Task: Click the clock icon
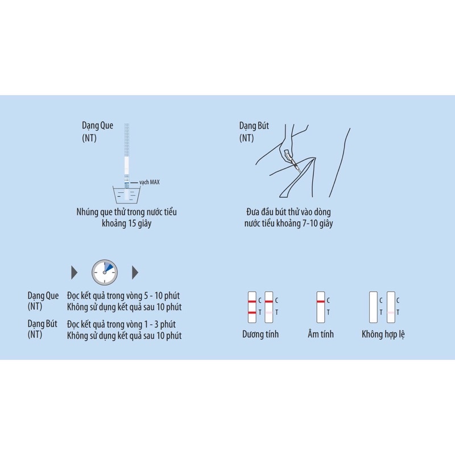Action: [x=105, y=272]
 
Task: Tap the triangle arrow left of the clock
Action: [x=74, y=272]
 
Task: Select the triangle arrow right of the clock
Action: [x=135, y=272]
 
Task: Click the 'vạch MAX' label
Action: [x=150, y=183]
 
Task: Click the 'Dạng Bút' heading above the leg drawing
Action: [x=254, y=126]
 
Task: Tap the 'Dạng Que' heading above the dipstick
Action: [x=98, y=126]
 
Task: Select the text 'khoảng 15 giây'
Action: [x=126, y=224]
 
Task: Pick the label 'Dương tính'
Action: [x=260, y=334]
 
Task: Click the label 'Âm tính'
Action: [x=320, y=334]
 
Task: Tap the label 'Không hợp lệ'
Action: [x=383, y=334]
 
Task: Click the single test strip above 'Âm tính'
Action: [x=320, y=306]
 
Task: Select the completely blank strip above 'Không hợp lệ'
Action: [x=374, y=306]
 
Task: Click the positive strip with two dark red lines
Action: [x=252, y=306]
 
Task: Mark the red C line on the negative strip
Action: [x=320, y=300]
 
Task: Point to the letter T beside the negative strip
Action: [x=328, y=312]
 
